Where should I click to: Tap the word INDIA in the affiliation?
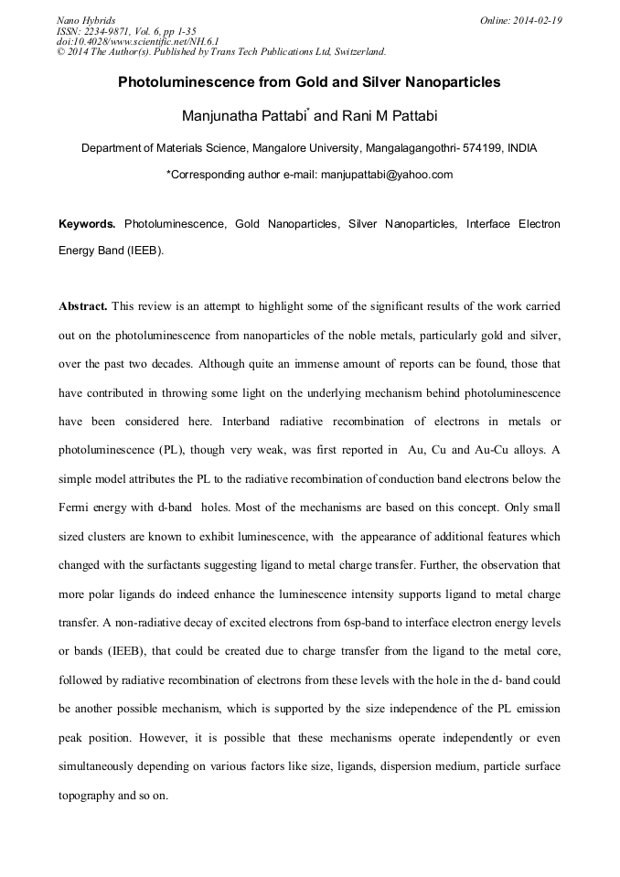(522, 147)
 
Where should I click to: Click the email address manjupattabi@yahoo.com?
(386, 174)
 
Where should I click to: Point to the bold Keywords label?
(87, 223)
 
